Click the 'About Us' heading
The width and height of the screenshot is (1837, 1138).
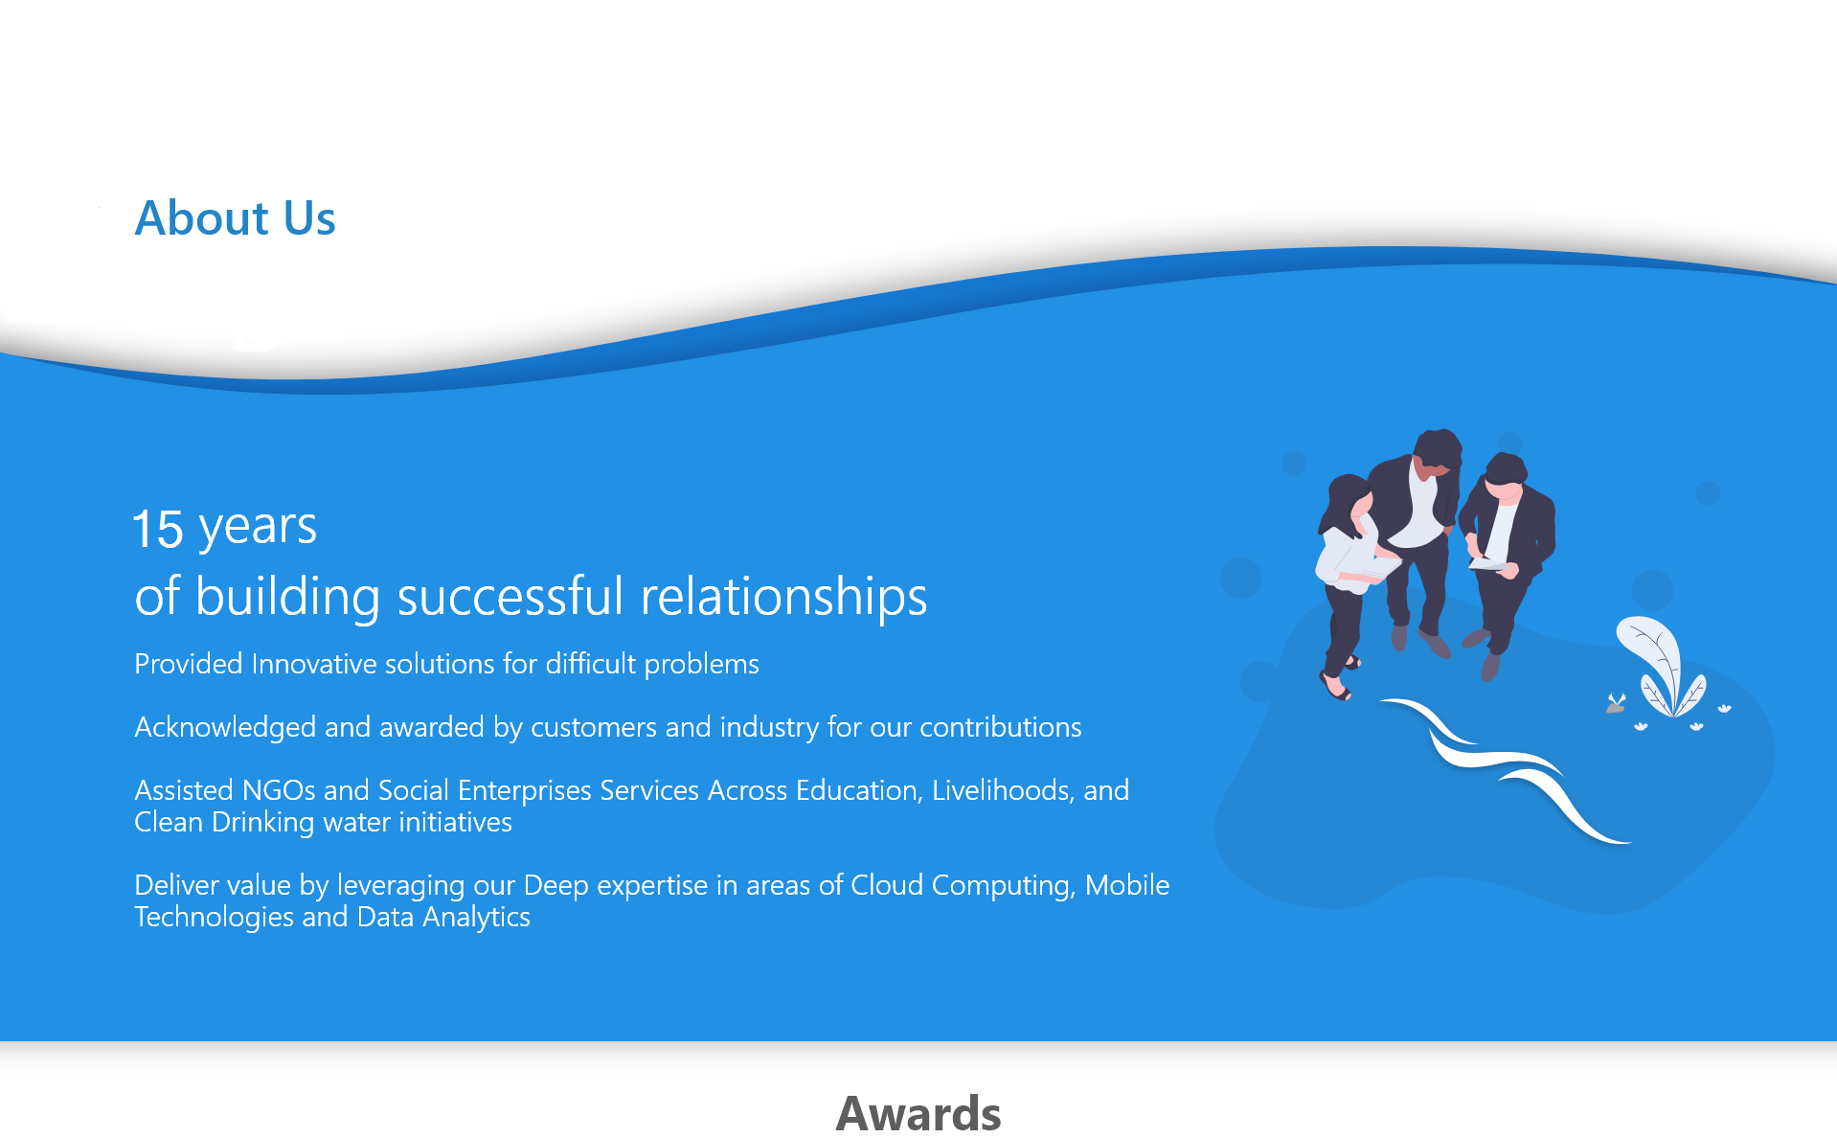click(x=235, y=217)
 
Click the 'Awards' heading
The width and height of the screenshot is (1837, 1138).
click(x=918, y=1113)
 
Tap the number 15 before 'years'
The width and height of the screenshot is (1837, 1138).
click(x=157, y=529)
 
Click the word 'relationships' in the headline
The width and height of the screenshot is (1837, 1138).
click(x=783, y=598)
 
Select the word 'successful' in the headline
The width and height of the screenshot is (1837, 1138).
click(x=510, y=596)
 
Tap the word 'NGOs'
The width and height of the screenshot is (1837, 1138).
click(x=279, y=790)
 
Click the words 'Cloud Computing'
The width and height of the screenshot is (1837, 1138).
click(x=964, y=886)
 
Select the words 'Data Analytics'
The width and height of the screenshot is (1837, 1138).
click(x=443, y=918)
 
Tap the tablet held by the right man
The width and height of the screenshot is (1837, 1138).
click(x=1487, y=564)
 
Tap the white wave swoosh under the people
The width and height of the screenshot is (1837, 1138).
click(x=1504, y=766)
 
